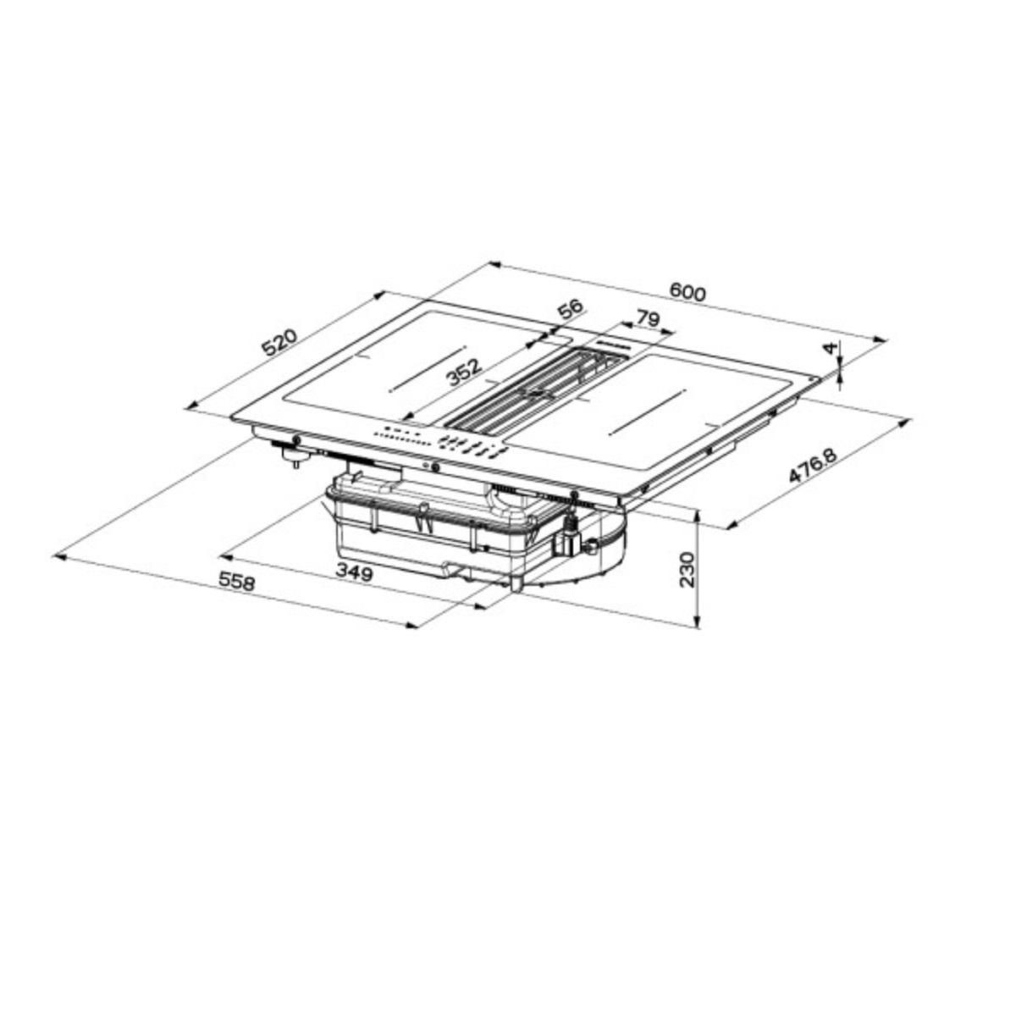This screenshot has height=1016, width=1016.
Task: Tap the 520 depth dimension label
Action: (x=279, y=344)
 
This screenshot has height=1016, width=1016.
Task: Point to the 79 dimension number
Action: (x=647, y=319)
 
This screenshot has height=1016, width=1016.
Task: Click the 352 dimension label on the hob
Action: (x=464, y=373)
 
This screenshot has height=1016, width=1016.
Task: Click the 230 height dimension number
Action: (x=687, y=569)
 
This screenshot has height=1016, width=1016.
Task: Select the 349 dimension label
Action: (x=353, y=573)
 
